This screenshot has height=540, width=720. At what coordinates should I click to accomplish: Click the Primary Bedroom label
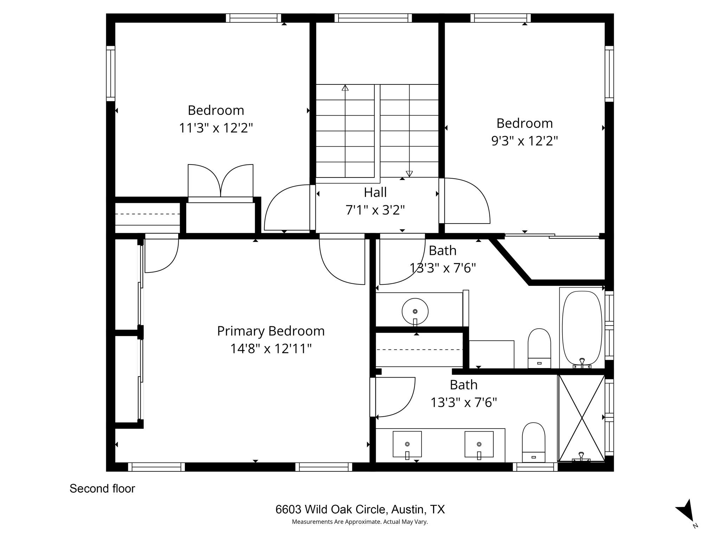tap(270, 331)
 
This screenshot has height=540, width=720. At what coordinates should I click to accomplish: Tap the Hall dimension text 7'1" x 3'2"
tap(375, 210)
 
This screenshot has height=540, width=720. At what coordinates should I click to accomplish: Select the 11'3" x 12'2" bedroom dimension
tap(216, 128)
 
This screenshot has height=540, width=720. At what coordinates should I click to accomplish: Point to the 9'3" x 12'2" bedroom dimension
tap(524, 141)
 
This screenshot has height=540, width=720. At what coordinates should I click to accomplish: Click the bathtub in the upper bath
tap(582, 328)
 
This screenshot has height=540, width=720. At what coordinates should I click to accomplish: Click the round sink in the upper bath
tap(415, 311)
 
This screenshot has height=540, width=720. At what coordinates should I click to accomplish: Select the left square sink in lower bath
tap(407, 444)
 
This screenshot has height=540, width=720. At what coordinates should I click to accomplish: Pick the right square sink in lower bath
tap(479, 444)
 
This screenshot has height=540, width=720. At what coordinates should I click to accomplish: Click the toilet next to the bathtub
tap(539, 348)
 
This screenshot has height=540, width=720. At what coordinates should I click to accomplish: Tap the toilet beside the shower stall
tap(533, 442)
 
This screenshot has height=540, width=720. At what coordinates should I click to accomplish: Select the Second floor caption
tap(102, 489)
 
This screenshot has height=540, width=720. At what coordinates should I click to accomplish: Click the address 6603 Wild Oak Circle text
tap(360, 509)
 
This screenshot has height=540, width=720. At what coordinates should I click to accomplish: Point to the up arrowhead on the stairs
tap(345, 88)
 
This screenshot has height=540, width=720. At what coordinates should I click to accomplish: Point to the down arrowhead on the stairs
tap(409, 174)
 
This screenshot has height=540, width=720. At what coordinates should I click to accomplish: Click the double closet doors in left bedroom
tap(220, 181)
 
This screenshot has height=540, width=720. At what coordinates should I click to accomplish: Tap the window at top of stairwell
tap(373, 18)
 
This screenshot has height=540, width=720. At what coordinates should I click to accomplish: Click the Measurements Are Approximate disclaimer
tap(360, 522)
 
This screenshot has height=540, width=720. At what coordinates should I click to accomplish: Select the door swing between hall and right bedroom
tap(466, 200)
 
